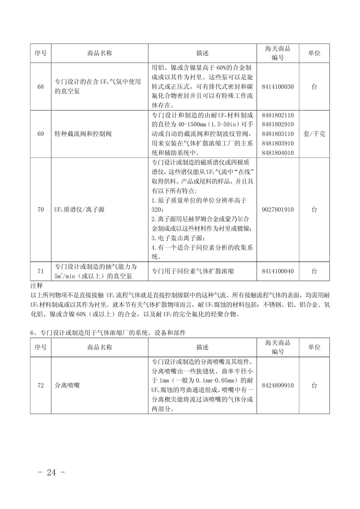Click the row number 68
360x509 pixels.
coord(41,87)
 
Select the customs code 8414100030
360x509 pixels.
coord(277,87)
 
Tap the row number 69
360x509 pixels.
coord(41,134)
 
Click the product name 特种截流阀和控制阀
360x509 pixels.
coord(83,134)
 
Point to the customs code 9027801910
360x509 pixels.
coord(277,210)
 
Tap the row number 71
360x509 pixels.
coord(41,271)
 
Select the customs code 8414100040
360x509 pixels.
coord(277,271)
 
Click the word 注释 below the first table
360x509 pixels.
coord(36,286)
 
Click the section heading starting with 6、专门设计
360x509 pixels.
coord(108,333)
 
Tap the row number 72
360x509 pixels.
coord(41,385)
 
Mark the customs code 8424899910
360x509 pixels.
coord(277,385)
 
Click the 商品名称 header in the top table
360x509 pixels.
coord(100,53)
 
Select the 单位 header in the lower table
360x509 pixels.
coord(314,348)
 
